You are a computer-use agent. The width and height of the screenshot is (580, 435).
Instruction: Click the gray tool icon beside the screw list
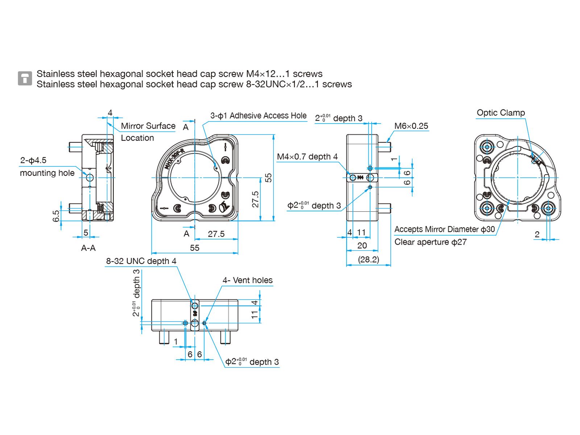click(25, 78)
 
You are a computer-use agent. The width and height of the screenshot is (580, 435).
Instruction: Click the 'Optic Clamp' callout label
click(501, 113)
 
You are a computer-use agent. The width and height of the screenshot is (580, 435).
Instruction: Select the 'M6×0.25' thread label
click(411, 126)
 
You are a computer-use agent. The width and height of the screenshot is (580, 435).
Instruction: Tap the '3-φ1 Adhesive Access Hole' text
click(258, 116)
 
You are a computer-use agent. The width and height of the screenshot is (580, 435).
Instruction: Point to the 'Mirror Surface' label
click(148, 126)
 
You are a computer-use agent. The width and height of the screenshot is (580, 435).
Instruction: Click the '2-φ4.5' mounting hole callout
click(33, 160)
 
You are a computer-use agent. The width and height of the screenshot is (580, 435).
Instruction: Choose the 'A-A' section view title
click(88, 248)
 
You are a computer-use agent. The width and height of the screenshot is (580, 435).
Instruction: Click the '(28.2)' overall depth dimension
click(368, 260)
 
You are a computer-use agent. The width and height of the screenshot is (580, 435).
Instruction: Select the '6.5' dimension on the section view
click(56, 216)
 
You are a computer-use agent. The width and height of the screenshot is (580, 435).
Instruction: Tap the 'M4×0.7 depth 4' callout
click(307, 157)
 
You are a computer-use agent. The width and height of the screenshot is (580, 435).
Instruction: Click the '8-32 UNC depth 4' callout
click(141, 261)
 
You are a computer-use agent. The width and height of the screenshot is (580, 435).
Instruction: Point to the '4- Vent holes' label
click(247, 280)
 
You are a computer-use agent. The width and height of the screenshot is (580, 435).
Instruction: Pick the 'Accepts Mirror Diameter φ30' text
click(444, 229)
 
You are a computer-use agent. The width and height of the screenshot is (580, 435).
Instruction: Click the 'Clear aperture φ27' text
click(430, 242)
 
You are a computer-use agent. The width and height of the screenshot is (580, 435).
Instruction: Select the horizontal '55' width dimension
click(195, 248)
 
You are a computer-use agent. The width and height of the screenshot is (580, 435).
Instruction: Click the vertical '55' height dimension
click(268, 178)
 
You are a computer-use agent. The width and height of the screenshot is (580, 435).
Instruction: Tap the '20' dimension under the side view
click(362, 245)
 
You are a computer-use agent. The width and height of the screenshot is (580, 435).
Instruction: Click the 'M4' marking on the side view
click(360, 178)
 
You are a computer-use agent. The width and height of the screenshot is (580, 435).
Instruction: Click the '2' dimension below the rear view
click(537, 235)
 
